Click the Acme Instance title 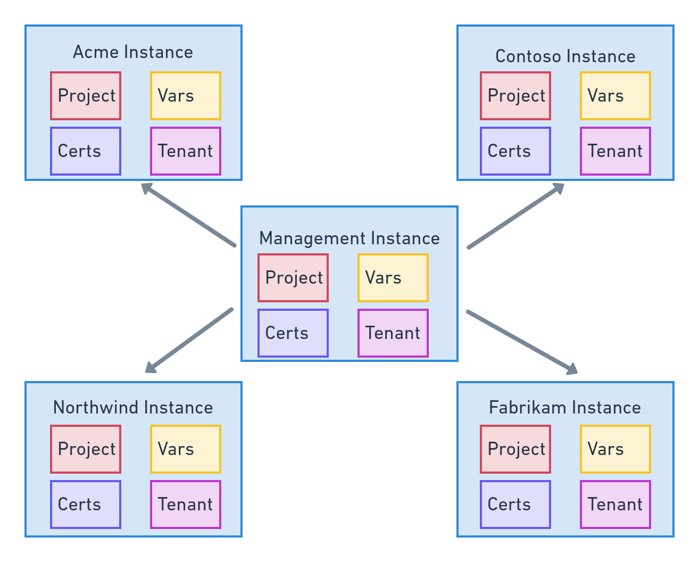133,52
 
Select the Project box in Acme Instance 86,96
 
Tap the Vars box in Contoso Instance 615,96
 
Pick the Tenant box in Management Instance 393,333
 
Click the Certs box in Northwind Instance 86,505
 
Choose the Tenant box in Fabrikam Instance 615,505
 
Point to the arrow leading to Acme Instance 188,215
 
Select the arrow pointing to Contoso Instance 515,216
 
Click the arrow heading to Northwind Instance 189,340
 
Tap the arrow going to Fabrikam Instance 521,342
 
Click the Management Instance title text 350,238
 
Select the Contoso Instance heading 565,56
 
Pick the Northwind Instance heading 133,408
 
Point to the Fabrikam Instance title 565,408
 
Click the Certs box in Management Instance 293,333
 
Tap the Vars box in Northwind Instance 185,449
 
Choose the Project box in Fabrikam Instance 515,449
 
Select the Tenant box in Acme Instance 185,151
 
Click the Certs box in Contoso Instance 515,151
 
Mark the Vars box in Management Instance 393,278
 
